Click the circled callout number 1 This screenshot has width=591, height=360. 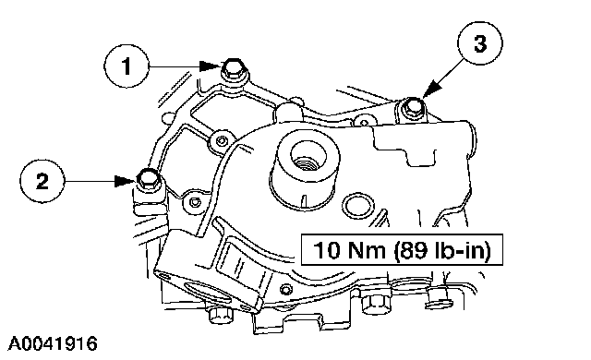tap(127, 66)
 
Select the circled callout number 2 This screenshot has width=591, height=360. tap(42, 181)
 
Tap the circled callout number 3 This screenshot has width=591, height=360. tap(480, 43)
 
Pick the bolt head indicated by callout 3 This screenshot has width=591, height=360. tap(412, 106)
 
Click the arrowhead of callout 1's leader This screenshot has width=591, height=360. tap(210, 66)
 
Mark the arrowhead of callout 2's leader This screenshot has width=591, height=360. tap(126, 181)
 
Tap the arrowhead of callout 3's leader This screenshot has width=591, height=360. tap(432, 89)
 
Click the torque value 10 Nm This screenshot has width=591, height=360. tap(349, 249)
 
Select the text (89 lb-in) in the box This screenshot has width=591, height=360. tap(442, 249)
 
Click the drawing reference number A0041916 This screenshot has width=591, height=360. tap(53, 343)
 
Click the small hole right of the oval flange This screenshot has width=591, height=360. tap(286, 289)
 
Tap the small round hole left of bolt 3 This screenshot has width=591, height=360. tap(364, 123)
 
